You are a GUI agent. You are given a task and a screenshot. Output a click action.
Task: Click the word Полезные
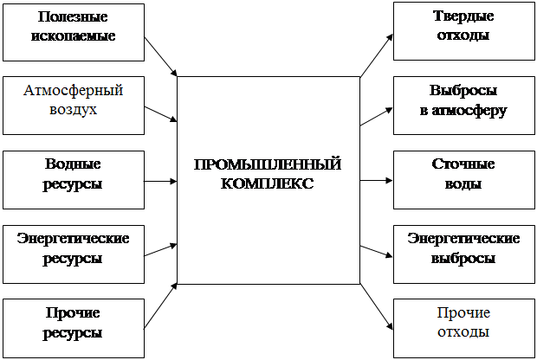73,16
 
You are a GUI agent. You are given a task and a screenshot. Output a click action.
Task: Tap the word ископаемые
74,35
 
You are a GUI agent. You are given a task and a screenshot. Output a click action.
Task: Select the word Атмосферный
74,91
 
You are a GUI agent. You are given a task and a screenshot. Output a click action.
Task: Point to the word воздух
74,110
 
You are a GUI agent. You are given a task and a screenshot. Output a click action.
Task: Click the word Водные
73,164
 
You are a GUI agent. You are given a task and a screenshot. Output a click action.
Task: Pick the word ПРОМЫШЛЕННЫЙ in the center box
268,164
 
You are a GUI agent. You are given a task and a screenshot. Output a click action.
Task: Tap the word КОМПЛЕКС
267,183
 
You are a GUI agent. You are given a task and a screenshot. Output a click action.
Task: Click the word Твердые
463,16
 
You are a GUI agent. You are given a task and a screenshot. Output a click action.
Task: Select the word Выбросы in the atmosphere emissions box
463,90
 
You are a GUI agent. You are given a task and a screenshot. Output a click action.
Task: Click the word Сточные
463,164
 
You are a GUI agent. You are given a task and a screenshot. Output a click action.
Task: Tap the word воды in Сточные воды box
463,183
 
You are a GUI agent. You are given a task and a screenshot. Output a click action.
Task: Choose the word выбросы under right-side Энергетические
463,258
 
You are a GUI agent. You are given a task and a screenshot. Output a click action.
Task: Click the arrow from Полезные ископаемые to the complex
160,57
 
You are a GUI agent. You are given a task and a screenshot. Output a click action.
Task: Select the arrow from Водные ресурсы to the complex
160,181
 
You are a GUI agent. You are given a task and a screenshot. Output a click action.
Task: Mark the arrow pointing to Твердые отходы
377,55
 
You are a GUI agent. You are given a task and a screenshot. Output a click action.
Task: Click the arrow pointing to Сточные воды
377,180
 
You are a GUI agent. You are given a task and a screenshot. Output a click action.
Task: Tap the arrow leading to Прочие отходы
377,306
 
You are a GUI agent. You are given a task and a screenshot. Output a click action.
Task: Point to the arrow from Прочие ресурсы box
160,305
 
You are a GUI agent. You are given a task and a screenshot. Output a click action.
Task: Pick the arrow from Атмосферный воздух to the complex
160,114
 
